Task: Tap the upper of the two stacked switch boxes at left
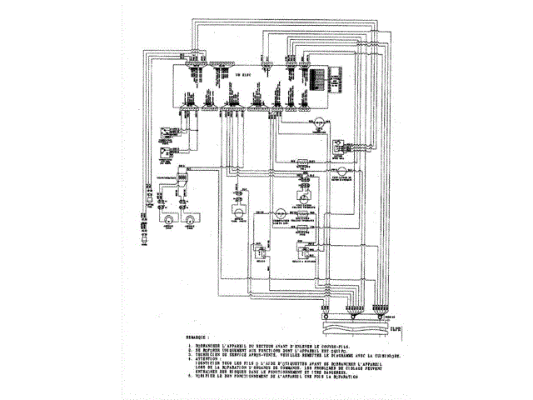coord(167,131)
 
